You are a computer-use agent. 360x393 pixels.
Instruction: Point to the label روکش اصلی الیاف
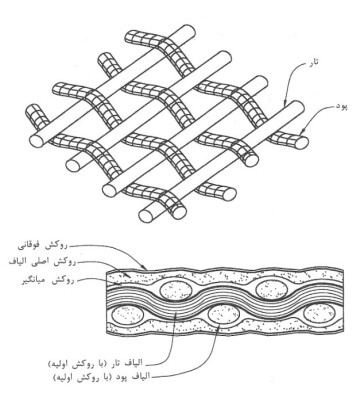pyautogui.click(x=42, y=262)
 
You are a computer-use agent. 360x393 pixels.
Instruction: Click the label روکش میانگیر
pyautogui.click(x=46, y=281)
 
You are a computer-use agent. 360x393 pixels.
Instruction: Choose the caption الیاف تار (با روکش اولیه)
pyautogui.click(x=100, y=362)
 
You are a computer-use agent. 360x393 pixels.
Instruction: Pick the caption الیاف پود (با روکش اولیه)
pyautogui.click(x=102, y=377)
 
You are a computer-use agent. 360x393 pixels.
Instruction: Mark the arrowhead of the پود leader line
pyautogui.click(x=302, y=134)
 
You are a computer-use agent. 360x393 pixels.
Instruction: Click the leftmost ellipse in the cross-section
pyautogui.click(x=128, y=315)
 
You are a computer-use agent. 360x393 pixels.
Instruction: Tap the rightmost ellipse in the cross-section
pyautogui.click(x=319, y=314)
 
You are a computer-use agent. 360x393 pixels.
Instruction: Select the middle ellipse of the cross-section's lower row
pyautogui.click(x=224, y=315)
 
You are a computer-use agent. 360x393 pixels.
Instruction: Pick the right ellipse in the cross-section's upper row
pyautogui.click(x=272, y=288)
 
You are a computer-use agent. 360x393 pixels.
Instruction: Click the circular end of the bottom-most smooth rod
pyautogui.click(x=146, y=216)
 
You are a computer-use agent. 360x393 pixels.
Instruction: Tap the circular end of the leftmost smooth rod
pyautogui.click(x=36, y=141)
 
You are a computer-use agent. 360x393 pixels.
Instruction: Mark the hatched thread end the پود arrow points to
pyautogui.click(x=303, y=142)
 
